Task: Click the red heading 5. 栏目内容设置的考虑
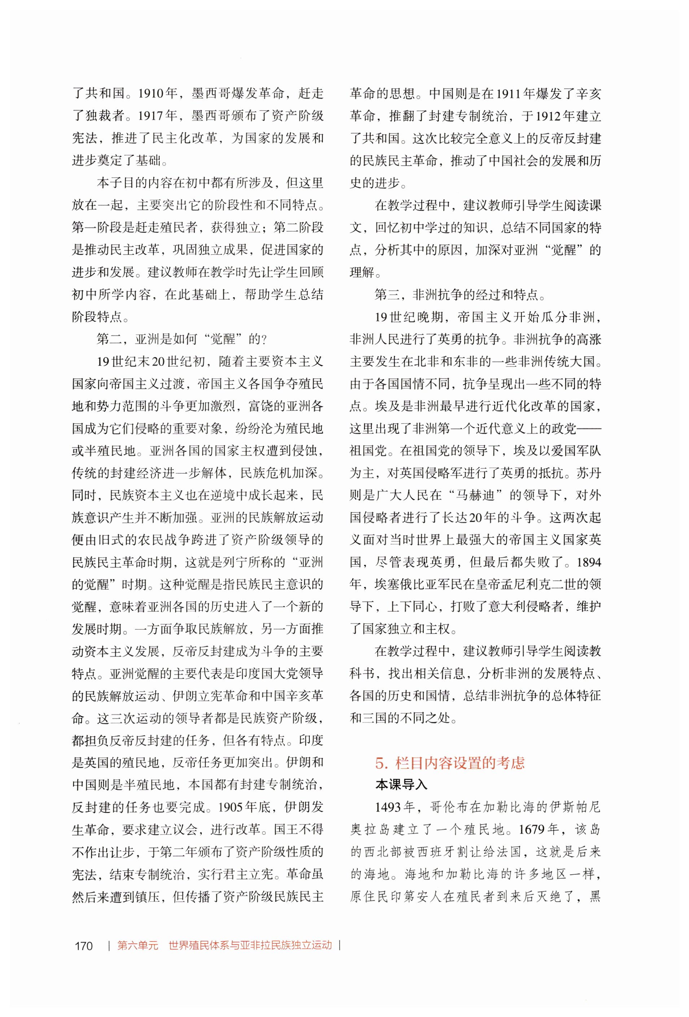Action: coord(449,763)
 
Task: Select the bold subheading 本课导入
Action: coord(401,785)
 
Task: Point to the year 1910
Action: coord(151,93)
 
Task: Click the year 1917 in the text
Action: coord(151,116)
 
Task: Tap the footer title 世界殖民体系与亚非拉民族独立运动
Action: coord(250,945)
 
